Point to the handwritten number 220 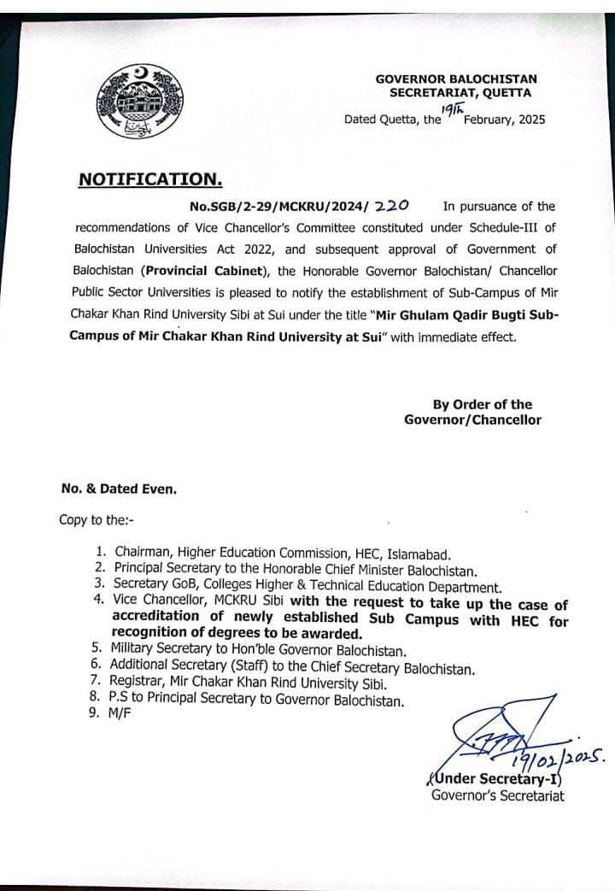coord(392,205)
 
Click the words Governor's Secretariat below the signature coord(497,796)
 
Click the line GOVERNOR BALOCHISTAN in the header coord(456,79)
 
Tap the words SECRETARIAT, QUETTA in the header coord(460,92)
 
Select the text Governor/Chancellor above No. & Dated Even coord(472,419)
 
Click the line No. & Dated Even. coord(119,489)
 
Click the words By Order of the coord(482,405)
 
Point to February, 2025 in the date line coord(504,120)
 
